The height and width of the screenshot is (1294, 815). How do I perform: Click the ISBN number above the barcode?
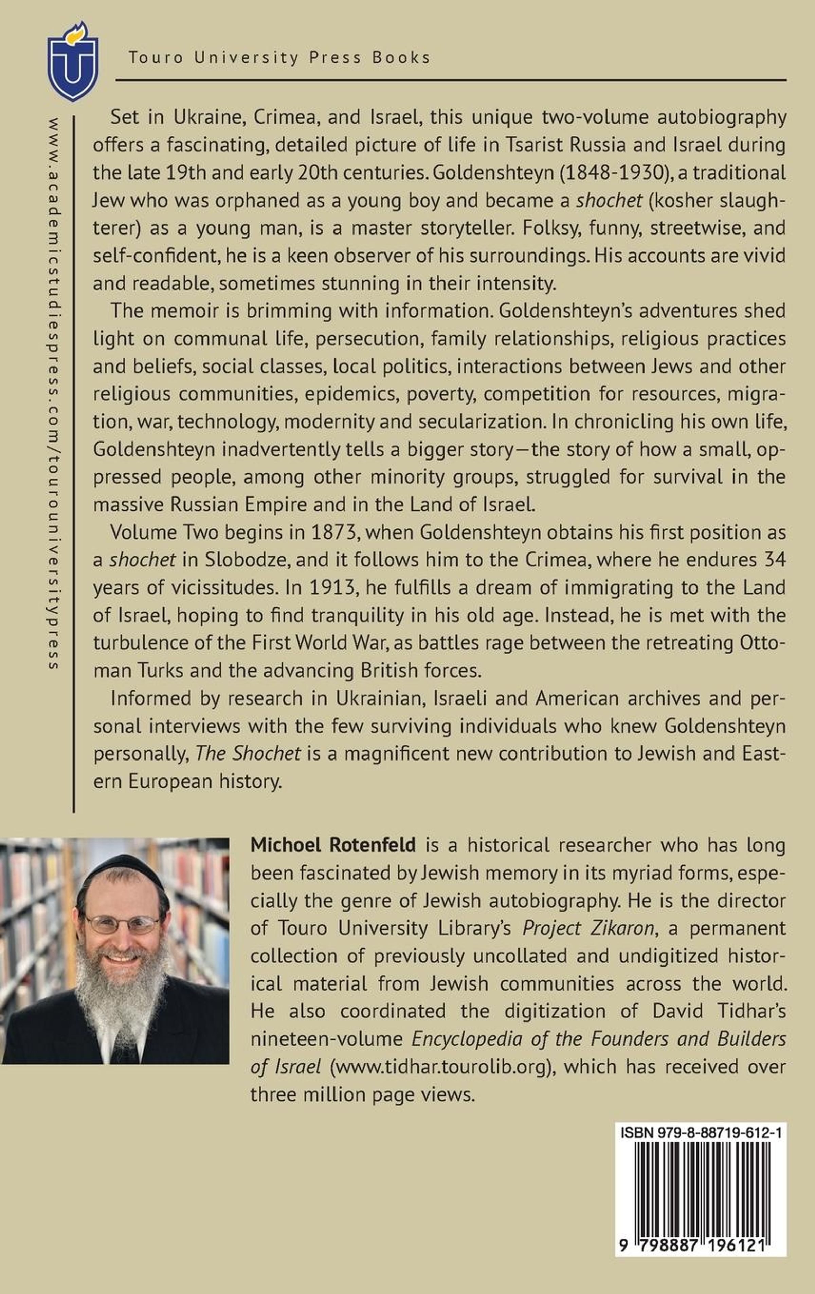pyautogui.click(x=701, y=1133)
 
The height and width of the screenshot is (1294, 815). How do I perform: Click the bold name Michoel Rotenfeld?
pyautogui.click(x=333, y=845)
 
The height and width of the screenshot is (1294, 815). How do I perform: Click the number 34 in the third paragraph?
pyautogui.click(x=775, y=559)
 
